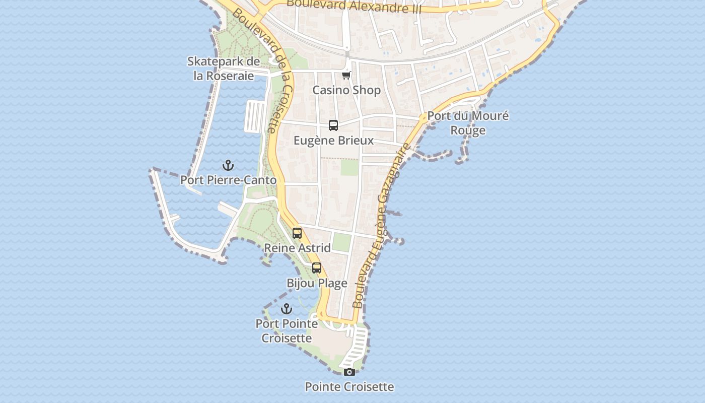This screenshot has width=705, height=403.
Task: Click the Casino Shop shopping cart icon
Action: point(346,76)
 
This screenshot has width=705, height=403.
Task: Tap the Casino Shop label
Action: point(346,90)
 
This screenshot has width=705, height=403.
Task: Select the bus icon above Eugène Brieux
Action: point(333,125)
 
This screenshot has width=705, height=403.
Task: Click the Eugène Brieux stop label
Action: point(333,141)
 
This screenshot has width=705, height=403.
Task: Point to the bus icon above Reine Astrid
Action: point(297,233)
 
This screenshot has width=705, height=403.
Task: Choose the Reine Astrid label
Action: point(297,248)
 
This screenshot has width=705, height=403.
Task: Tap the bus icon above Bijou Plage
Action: point(317,268)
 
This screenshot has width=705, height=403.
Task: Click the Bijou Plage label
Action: point(317,283)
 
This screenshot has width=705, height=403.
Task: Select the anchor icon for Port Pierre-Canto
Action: point(228,165)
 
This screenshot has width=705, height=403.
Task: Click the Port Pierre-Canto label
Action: point(228,180)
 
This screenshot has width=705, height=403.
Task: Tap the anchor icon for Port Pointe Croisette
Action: point(287,309)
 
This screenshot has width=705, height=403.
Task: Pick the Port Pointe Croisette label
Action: point(287,330)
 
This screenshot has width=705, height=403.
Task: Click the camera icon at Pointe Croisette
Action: point(349,372)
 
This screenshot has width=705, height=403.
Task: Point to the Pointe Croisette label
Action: point(349,387)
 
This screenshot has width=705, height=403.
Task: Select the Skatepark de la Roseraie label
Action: point(224,69)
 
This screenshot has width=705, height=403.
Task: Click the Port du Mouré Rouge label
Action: point(468,123)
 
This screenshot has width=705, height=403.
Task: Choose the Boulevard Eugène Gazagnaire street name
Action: point(381,225)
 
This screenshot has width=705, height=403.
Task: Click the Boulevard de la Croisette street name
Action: point(263,71)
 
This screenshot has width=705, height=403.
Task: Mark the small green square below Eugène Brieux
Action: point(349,167)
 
